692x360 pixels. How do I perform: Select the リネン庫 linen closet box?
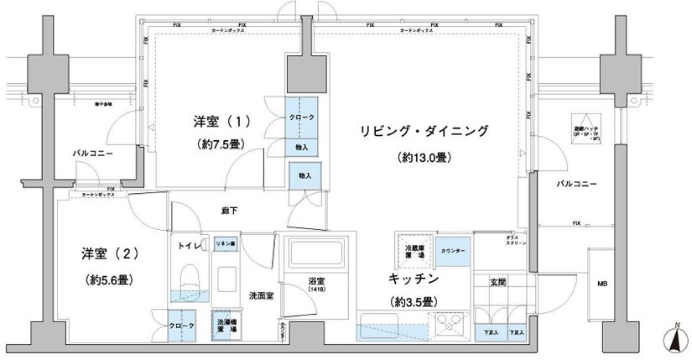(x=226, y=243)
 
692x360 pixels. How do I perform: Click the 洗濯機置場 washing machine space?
(x=226, y=325)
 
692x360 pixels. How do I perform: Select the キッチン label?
(x=412, y=277)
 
